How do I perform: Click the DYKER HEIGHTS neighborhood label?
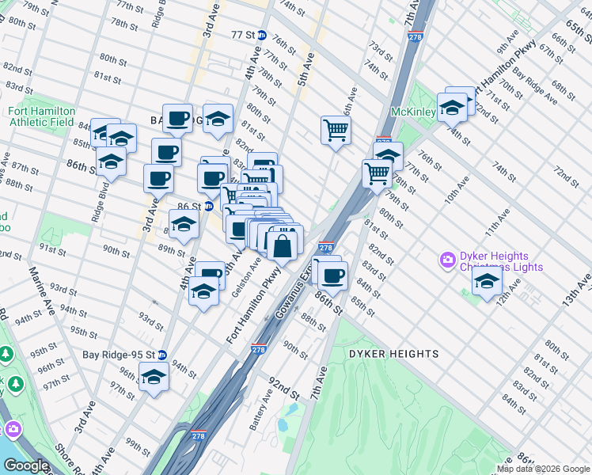pos(393,353)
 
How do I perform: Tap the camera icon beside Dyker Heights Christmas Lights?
pos(447,259)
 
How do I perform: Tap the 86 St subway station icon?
pos(209,206)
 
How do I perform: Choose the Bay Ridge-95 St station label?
pos(118,354)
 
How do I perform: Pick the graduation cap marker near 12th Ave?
pos(487,282)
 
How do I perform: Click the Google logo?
pos(26,465)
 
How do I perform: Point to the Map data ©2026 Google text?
pos(543,469)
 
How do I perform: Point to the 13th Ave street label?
pos(577,293)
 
